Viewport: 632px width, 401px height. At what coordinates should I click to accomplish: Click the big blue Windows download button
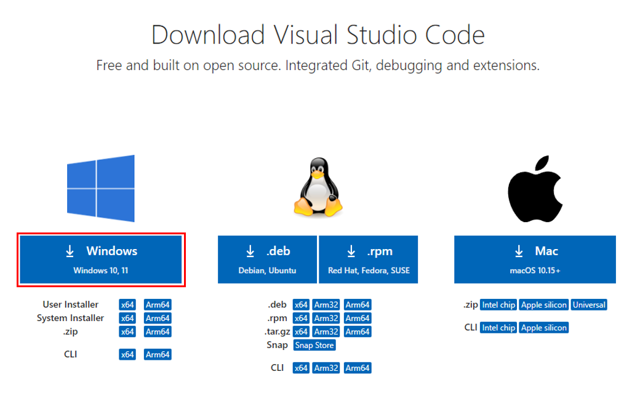pos(101,259)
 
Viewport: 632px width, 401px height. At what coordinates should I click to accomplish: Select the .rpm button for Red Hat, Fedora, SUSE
pos(368,259)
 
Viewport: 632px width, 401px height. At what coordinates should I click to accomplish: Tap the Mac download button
pos(534,259)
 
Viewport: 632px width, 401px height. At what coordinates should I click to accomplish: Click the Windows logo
pos(101,188)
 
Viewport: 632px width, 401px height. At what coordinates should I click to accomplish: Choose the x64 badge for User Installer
pos(127,304)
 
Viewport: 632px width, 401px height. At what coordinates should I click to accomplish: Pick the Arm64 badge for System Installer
pos(158,318)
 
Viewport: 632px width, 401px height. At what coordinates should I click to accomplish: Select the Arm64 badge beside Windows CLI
pos(158,354)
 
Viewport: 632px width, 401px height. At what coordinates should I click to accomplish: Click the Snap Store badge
pos(314,345)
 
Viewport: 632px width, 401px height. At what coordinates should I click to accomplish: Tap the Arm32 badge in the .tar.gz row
pos(326,332)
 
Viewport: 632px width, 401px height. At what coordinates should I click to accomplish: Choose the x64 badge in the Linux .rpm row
pos(301,318)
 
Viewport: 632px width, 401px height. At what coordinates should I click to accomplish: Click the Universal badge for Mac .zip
pos(588,304)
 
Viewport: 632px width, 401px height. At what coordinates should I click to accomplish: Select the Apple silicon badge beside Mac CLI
pos(543,328)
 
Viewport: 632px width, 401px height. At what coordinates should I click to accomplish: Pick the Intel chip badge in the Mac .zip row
pos(498,304)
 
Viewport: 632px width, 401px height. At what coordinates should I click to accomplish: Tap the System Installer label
pos(70,318)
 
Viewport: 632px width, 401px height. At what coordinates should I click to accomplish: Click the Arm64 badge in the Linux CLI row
pos(358,368)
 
